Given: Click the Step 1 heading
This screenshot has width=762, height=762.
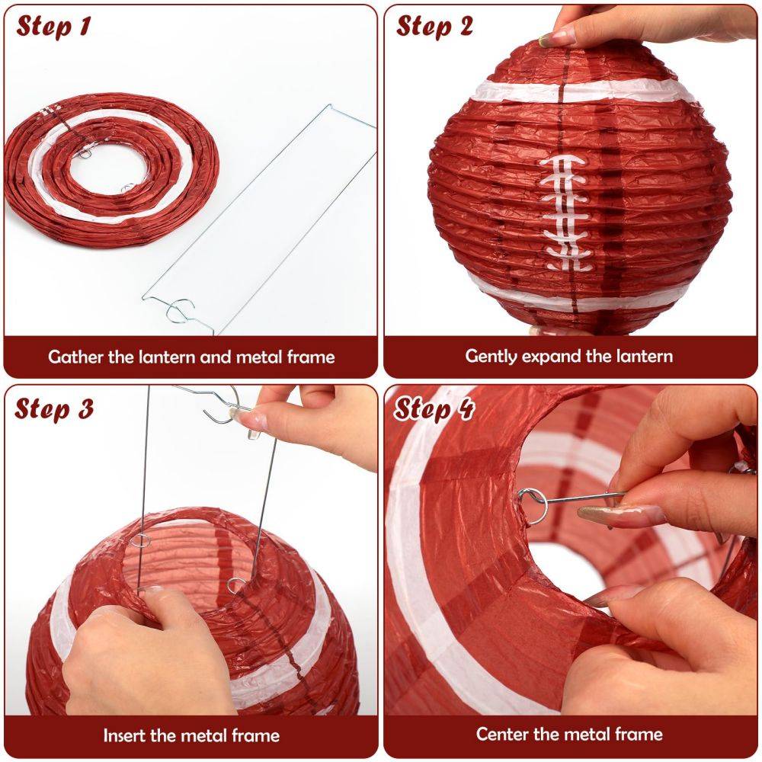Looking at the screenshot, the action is pos(53,26).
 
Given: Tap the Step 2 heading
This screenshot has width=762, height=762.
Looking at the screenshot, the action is pos(434,26).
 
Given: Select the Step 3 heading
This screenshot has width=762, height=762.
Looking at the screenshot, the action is pos(53,408).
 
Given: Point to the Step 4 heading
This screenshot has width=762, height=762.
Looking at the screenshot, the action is pos(434,408).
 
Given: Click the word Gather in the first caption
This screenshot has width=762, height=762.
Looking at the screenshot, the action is pos(75,357).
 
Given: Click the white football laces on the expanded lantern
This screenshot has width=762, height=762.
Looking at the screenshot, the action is pos(565,213).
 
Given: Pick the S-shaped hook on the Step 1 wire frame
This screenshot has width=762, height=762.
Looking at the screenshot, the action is pos(179,311).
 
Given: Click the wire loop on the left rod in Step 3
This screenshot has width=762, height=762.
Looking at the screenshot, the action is pos(140,540).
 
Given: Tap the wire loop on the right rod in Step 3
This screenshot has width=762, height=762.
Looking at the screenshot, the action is pos(235,585).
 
